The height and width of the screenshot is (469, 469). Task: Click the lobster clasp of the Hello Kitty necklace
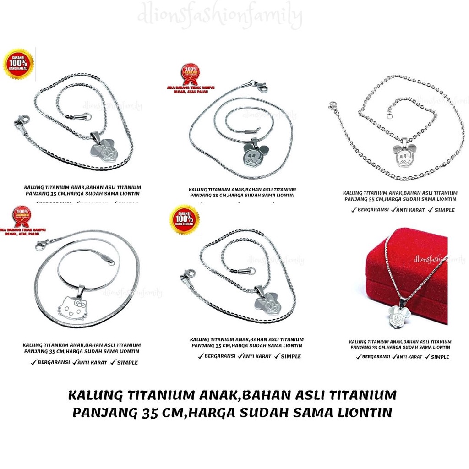point(41,245)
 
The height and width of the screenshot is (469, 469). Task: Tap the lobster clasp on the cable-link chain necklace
point(332,107)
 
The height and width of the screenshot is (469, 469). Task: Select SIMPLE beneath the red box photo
point(440,357)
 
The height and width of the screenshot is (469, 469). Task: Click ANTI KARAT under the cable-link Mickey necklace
point(410,210)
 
